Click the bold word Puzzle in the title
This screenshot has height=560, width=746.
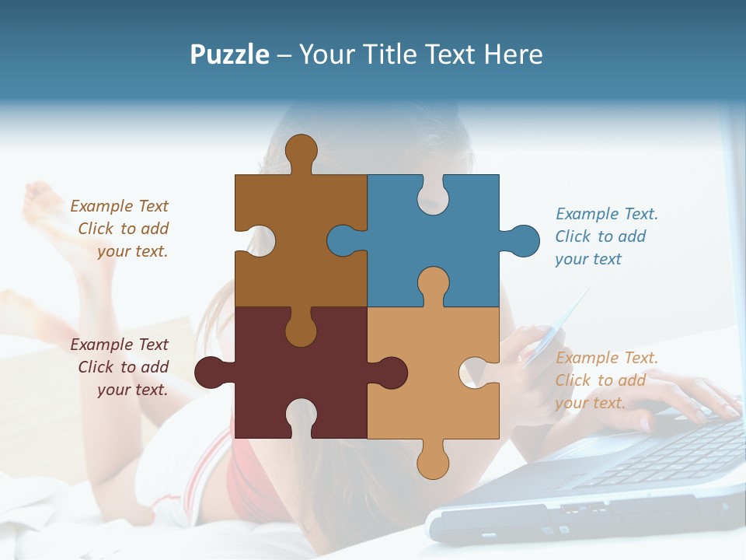(230, 54)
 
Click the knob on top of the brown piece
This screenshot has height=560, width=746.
(301, 149)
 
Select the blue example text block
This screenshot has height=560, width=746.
(605, 236)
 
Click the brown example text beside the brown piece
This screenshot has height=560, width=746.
(121, 229)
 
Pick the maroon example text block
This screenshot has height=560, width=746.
(121, 367)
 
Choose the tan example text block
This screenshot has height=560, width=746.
(605, 380)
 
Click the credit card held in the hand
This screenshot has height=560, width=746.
(556, 331)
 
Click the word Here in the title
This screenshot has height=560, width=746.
(513, 54)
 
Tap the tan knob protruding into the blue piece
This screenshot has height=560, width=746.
(433, 283)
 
